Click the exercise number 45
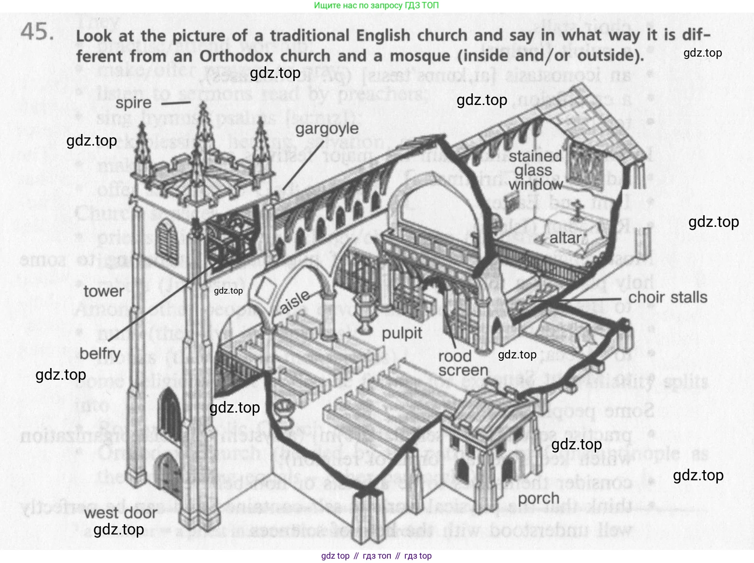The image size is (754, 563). [36, 33]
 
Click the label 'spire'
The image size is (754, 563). [133, 103]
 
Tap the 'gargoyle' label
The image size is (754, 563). [327, 129]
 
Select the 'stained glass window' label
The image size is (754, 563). [535, 170]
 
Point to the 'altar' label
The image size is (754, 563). [565, 238]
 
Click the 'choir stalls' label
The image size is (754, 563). [668, 297]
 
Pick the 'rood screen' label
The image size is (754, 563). [463, 363]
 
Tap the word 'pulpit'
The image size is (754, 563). [402, 333]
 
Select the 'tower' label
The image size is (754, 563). [104, 291]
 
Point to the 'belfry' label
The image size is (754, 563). [100, 354]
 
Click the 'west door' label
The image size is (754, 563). [121, 513]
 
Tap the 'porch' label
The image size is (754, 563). [539, 498]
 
